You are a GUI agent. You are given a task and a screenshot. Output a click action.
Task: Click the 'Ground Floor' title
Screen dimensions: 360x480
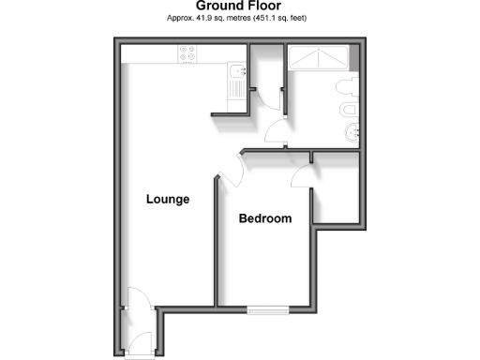point(239,7)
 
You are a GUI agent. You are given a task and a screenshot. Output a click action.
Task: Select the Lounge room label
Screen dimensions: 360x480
point(169,200)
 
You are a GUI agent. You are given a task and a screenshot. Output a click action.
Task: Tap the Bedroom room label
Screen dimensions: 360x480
point(265,218)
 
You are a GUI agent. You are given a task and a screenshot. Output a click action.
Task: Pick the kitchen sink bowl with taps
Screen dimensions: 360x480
point(235,70)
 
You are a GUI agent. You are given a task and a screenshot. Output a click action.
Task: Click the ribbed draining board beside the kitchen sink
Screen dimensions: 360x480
point(235,92)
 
